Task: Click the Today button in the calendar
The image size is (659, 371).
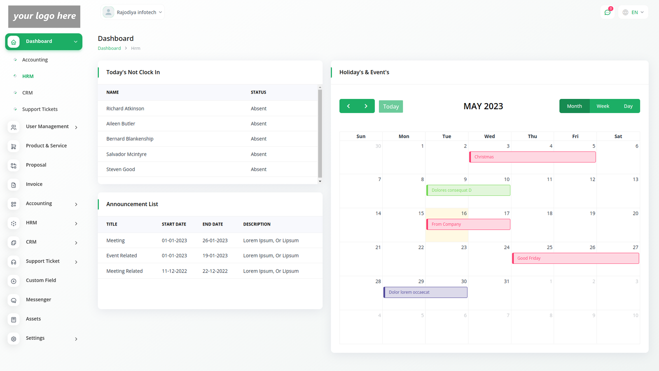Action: [x=390, y=106]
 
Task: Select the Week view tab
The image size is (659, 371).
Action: [x=603, y=106]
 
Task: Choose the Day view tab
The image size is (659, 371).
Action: [x=628, y=106]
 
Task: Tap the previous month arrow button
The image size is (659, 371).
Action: [x=348, y=106]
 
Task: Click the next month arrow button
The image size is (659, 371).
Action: [x=366, y=106]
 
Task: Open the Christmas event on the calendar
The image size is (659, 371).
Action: [x=532, y=157]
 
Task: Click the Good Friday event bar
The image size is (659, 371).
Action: [x=575, y=258]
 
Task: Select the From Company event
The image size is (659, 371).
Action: [x=468, y=224]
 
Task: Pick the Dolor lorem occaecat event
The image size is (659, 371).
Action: [x=425, y=292]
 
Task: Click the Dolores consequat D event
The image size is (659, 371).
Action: [x=468, y=190]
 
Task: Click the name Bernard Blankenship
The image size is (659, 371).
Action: [x=130, y=139]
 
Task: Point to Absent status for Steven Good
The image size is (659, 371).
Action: [x=259, y=169]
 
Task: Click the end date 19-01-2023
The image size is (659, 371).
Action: [x=215, y=256]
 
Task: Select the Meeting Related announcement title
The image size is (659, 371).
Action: [x=124, y=271]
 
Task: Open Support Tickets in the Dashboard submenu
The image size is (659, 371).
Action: [x=40, y=109]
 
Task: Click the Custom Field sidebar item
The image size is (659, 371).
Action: [x=41, y=280]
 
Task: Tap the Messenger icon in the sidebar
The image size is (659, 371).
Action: [x=14, y=300]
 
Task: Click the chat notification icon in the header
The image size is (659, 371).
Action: [x=607, y=12]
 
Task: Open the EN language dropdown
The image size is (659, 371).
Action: [x=633, y=12]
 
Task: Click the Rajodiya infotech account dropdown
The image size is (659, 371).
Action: [x=133, y=12]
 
